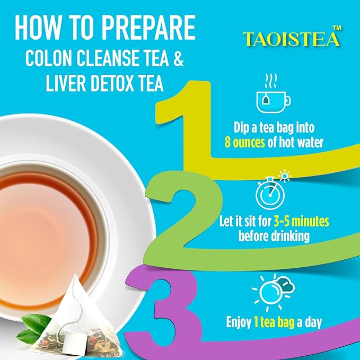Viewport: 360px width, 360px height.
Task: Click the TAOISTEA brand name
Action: point(291,39)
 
